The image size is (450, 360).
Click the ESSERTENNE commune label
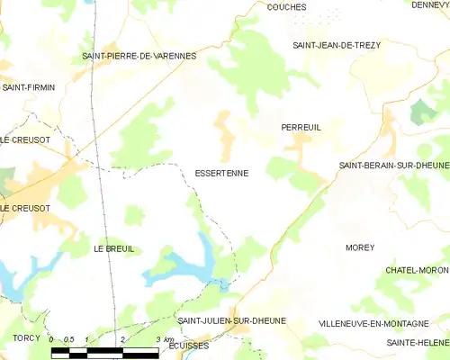point(221,172)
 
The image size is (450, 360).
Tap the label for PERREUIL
point(301,128)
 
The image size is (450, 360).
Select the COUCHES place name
point(286,6)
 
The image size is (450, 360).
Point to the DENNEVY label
point(430,5)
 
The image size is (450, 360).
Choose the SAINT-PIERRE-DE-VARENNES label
point(139,56)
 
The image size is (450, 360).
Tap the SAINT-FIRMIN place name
point(28,87)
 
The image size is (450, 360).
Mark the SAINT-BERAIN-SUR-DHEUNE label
point(393,166)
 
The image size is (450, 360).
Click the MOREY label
point(359,247)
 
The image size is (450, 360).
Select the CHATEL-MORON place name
point(417,270)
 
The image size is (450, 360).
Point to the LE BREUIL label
point(113,248)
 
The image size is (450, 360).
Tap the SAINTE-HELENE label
point(418,343)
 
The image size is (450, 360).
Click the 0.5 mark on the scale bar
point(68,339)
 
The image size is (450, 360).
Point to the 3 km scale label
point(163,339)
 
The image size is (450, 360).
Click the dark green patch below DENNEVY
point(420,112)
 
